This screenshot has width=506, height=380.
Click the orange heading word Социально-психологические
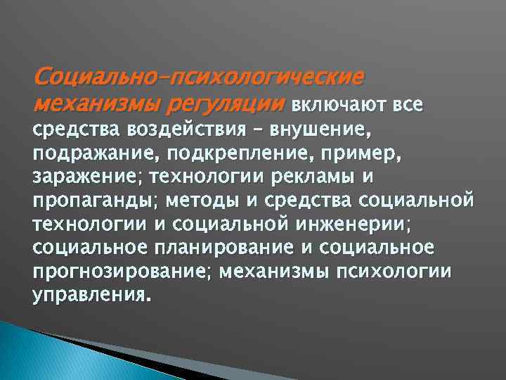pyautogui.click(x=199, y=75)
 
